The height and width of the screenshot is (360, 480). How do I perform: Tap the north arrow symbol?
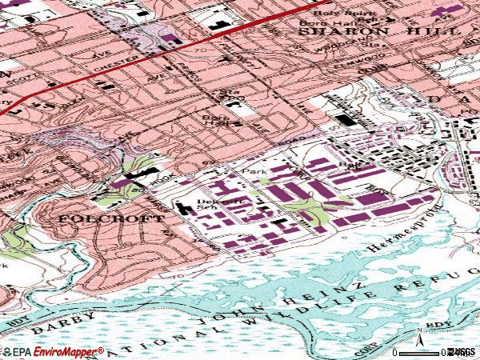coord(419,334)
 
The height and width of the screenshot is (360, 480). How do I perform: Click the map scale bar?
coord(421,352)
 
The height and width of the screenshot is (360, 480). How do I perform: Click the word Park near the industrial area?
coord(257,172)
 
